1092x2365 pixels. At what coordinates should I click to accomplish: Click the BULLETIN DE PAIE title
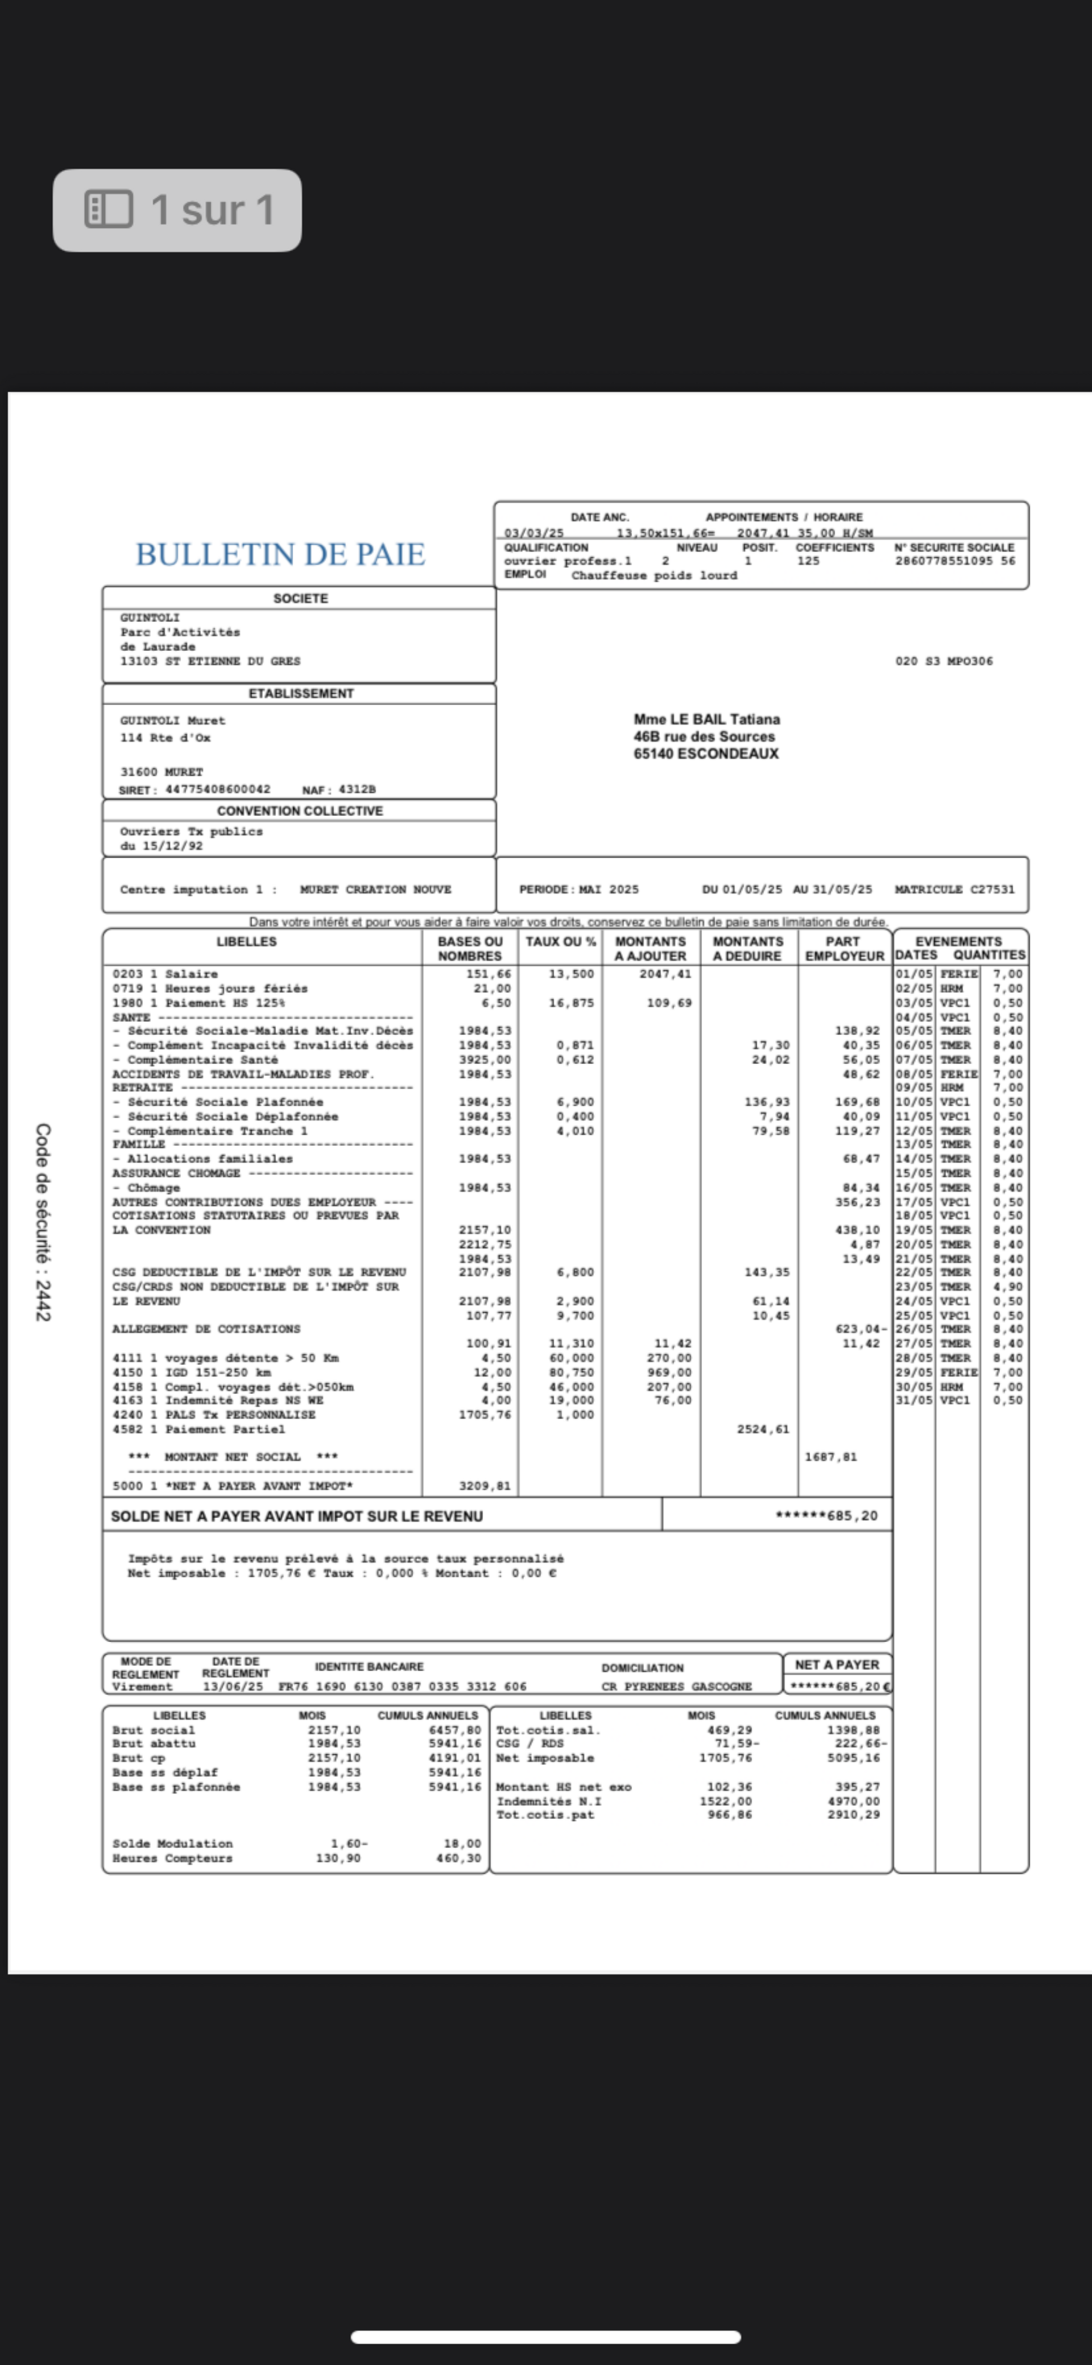280,555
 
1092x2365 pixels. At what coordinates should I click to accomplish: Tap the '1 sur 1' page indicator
177,210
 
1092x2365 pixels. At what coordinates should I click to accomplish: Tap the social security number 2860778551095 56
954,561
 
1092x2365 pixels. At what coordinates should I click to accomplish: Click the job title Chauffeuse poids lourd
654,576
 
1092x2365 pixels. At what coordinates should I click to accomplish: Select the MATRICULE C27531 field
954,889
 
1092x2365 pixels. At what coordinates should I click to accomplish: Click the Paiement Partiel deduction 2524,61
763,1430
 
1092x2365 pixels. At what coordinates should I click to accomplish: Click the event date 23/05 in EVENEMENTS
914,1287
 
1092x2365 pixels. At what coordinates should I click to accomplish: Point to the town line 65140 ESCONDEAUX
705,754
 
